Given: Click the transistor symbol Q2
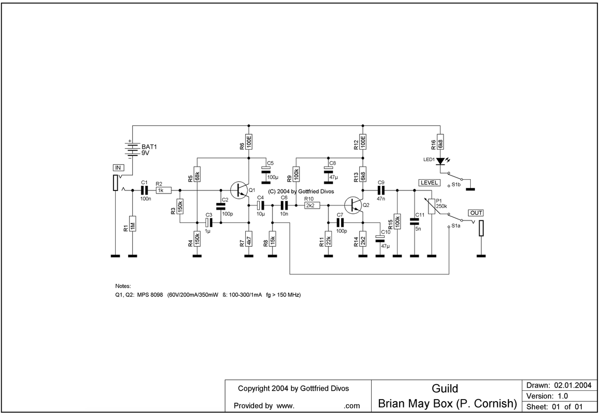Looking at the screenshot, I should click(x=356, y=205).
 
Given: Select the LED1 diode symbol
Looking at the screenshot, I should click(x=440, y=161).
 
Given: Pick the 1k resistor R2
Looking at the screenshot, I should click(x=161, y=190).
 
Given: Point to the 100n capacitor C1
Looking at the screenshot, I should click(x=144, y=190).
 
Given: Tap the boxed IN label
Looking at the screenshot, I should click(x=117, y=167).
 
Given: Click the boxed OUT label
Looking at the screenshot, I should click(x=475, y=213).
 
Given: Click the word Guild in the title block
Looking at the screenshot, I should click(x=445, y=389).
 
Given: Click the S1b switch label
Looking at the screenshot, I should click(x=457, y=184).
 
